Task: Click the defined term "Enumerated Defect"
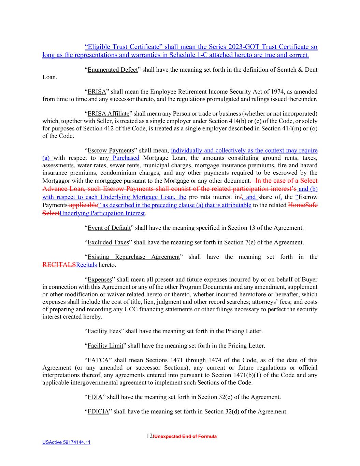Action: [113, 70]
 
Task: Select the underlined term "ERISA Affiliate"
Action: [108, 114]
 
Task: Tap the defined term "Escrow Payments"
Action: [111, 151]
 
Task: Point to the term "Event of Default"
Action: [109, 228]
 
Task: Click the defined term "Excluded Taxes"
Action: [108, 243]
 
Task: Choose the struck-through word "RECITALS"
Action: [59, 265]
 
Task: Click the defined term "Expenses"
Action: [100, 280]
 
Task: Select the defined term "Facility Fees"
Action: [104, 331]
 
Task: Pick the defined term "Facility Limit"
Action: [105, 346]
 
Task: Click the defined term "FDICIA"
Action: [98, 412]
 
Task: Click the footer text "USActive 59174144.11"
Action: [66, 442]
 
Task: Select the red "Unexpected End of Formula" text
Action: [185, 437]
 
